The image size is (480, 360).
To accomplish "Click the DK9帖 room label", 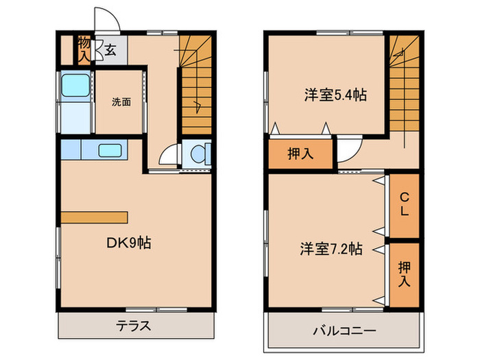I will (x=128, y=243).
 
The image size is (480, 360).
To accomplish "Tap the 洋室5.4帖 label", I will (x=335, y=95).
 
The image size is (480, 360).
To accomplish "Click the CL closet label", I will (x=405, y=205).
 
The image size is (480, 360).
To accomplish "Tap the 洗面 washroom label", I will (x=121, y=102).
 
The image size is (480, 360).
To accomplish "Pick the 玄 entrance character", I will (x=111, y=49).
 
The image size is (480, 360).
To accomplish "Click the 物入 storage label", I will (x=84, y=48).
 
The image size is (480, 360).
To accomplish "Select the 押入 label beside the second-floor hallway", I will (x=300, y=154).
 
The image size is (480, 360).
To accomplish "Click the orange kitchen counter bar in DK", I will (x=95, y=217).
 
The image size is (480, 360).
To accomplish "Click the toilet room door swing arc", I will (x=169, y=155).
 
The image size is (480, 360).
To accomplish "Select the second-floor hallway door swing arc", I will (x=349, y=149).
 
